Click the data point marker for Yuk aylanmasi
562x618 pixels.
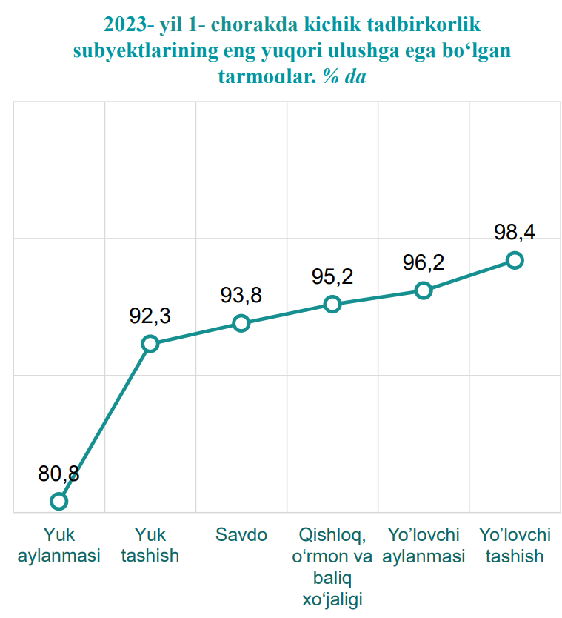pos(59,501)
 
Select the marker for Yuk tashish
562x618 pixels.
pos(150,343)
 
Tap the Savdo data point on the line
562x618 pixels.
pos(241,323)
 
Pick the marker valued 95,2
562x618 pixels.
pos(332,304)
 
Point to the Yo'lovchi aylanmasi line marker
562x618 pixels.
pos(424,290)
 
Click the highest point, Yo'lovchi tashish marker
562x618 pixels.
pos(515,259)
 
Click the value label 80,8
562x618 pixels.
pos(59,474)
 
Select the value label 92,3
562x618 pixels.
pos(150,316)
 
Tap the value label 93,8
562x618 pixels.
pos(241,296)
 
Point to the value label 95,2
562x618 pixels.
pos(332,276)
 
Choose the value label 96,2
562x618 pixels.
pos(424,262)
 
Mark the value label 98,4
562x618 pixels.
pos(515,232)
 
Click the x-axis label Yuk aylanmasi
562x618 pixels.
pos(59,545)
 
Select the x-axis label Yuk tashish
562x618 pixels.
pos(150,545)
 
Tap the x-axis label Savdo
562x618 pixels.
pos(241,535)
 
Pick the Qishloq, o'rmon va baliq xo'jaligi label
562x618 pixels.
pos(332,566)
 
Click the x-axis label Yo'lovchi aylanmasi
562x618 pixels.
pos(424,545)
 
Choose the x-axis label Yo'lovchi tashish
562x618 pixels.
pos(515,545)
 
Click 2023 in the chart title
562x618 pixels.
pos(125,25)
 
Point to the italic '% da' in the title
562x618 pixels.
pos(344,76)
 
